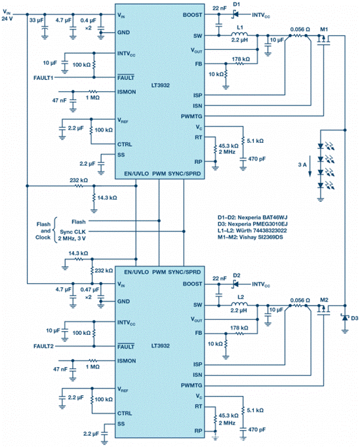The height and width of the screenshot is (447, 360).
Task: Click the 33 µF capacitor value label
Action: (x=36, y=20)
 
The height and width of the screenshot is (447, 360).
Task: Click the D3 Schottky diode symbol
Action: (x=345, y=318)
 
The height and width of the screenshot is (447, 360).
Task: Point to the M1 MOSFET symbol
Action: (x=324, y=39)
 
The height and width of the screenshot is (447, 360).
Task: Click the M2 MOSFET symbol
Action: (x=324, y=310)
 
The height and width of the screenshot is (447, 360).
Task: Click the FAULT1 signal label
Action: (x=43, y=77)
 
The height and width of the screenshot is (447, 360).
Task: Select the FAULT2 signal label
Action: (x=43, y=346)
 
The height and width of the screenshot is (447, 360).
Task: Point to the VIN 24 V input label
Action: (x=7, y=15)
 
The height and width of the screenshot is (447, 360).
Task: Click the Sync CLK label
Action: (x=73, y=232)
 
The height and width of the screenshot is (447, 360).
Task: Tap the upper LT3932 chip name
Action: (x=160, y=85)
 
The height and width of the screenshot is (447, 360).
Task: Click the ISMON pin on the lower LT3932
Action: (x=127, y=361)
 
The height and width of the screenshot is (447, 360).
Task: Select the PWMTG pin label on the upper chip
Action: (x=191, y=116)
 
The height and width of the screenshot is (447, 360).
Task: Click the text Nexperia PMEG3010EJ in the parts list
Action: (x=258, y=224)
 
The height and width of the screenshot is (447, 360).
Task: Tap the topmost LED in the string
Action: (x=321, y=146)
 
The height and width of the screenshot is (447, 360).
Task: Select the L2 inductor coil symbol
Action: (x=239, y=304)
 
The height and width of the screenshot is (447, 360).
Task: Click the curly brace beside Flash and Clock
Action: (x=55, y=230)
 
